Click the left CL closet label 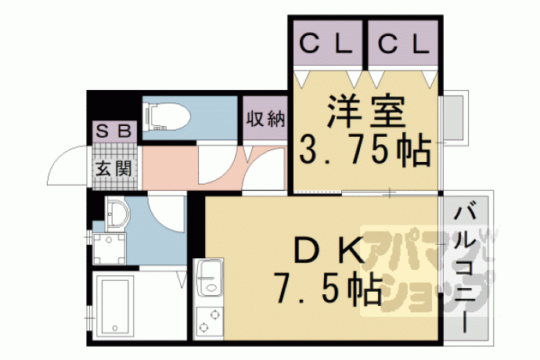(326, 44)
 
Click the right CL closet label (403, 44)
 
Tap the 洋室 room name (366, 110)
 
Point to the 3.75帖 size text (365, 150)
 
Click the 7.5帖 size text (327, 289)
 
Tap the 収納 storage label (266, 119)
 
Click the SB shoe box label (113, 131)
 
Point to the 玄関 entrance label (113, 168)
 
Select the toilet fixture (167, 117)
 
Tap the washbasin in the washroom (117, 214)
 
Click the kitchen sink (208, 278)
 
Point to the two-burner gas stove (208, 321)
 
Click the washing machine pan (110, 249)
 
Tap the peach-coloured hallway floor (214, 167)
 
